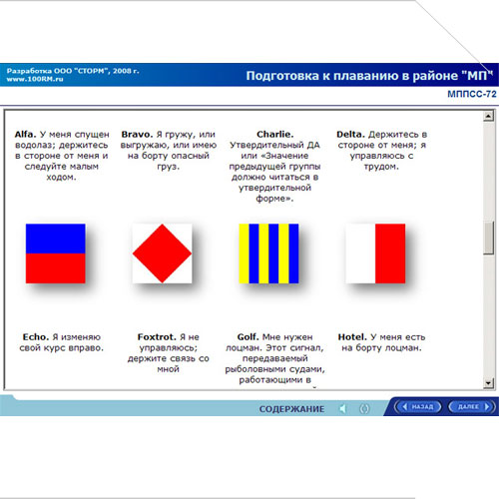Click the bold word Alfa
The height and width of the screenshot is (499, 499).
(x=25, y=135)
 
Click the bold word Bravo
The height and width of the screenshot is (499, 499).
(x=137, y=135)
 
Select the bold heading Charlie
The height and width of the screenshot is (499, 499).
(x=275, y=135)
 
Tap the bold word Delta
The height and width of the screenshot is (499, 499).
(x=350, y=135)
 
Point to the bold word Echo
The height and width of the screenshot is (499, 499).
(x=36, y=337)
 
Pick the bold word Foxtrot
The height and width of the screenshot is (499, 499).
(x=157, y=337)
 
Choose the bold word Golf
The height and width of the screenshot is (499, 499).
(x=248, y=337)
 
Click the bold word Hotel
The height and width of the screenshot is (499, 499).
(x=352, y=337)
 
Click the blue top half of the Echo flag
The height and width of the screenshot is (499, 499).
(x=56, y=239)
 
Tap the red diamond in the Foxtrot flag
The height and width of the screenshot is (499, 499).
(x=162, y=253)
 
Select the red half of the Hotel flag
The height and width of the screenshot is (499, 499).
(x=390, y=253)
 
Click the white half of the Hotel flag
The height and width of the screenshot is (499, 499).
(x=360, y=253)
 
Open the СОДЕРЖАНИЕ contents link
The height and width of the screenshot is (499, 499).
(x=291, y=409)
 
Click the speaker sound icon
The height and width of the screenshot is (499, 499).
(x=343, y=408)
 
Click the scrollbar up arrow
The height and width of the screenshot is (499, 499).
(x=488, y=116)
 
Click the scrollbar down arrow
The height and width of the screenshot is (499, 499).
(x=488, y=383)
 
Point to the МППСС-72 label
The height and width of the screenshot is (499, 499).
(x=472, y=94)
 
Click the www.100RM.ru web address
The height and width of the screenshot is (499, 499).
(x=35, y=79)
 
